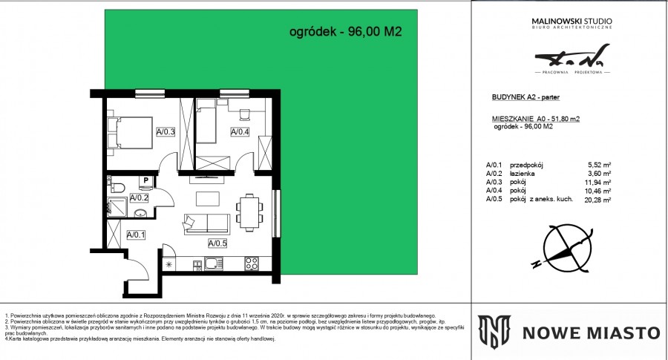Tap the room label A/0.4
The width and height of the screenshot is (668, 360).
(x=240, y=132)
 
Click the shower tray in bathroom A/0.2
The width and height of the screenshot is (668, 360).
(x=116, y=205)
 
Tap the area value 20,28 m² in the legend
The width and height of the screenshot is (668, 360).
(x=597, y=200)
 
